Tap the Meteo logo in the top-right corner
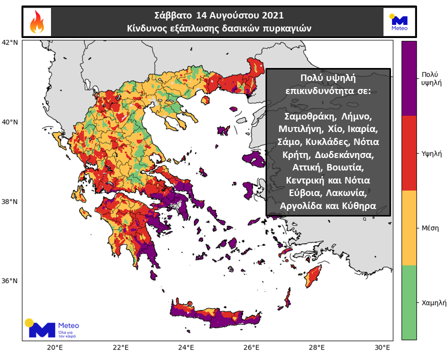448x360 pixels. pyautogui.click(x=399, y=22)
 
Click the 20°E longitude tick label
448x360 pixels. pyautogui.click(x=54, y=348)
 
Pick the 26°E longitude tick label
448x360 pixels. pyautogui.click(x=251, y=348)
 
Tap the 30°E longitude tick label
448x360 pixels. pyautogui.click(x=382, y=348)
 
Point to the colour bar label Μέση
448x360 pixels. pyautogui.click(x=430, y=228)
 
